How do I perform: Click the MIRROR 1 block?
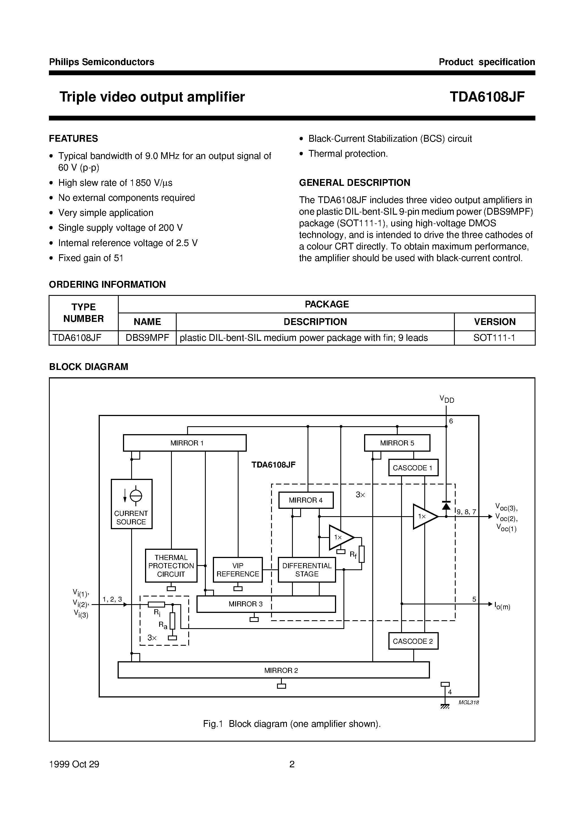click(184, 443)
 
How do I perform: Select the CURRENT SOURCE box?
click(131, 503)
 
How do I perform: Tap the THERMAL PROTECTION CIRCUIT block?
click(171, 565)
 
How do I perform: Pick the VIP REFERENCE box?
click(238, 569)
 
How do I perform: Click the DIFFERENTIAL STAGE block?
click(306, 569)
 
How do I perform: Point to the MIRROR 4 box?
click(306, 500)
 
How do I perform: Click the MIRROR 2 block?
click(274, 670)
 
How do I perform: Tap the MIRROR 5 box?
click(397, 443)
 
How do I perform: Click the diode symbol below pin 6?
click(446, 506)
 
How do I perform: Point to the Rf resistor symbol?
click(362, 554)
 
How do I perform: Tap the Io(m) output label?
click(502, 606)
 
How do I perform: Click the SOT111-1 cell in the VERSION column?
click(494, 338)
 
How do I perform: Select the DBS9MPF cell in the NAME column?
click(147, 338)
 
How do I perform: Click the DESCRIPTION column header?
click(315, 322)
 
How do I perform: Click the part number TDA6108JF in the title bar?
click(487, 97)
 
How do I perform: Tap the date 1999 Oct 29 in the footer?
click(74, 764)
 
